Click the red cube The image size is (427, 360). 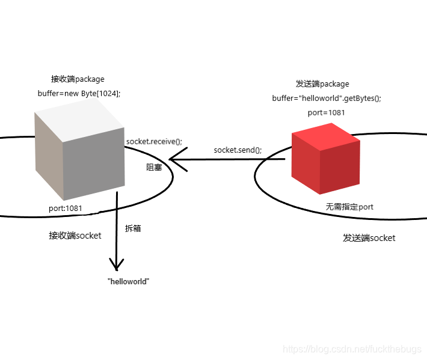pyautogui.click(x=325, y=159)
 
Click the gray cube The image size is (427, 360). pyautogui.click(x=80, y=150)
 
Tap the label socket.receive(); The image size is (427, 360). pyautogui.click(x=154, y=141)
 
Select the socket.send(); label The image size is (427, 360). pyautogui.click(x=238, y=150)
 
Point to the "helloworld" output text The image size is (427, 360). pyautogui.click(x=128, y=281)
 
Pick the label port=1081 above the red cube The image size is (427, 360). pyautogui.click(x=326, y=112)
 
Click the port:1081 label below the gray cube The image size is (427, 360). pyautogui.click(x=65, y=209)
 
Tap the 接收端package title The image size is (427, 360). pyautogui.click(x=78, y=79)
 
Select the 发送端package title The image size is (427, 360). pyautogui.click(x=322, y=84)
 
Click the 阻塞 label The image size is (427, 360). pyautogui.click(x=154, y=168)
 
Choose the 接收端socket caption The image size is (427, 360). pyautogui.click(x=75, y=236)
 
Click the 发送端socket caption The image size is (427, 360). pyautogui.click(x=369, y=238)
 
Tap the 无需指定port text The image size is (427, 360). pyautogui.click(x=349, y=207)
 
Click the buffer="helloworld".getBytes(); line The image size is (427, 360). pyautogui.click(x=327, y=98)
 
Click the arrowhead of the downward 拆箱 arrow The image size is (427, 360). pyautogui.click(x=116, y=264)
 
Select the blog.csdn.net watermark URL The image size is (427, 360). pyautogui.click(x=353, y=349)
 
